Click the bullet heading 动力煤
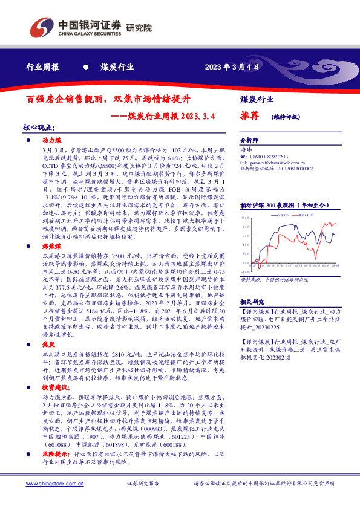pyautogui.click(x=48, y=140)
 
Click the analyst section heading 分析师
pyautogui.click(x=249, y=140)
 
